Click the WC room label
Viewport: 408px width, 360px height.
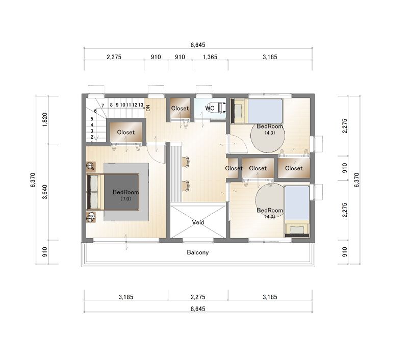pos(210,108)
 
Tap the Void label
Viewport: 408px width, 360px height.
pos(198,222)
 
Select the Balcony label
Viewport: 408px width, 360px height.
pos(198,252)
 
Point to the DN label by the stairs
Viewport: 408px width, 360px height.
pos(148,108)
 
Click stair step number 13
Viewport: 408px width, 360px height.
pos(141,105)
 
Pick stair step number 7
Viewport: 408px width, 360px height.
pos(103,106)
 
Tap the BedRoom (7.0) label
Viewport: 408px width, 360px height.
pos(125,195)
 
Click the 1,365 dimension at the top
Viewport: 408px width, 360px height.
pos(210,57)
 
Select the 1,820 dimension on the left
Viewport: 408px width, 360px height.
pos(45,120)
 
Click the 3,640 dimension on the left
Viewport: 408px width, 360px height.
pos(45,192)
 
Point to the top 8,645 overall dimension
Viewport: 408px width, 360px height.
pos(198,45)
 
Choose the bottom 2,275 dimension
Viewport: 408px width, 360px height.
pos(198,297)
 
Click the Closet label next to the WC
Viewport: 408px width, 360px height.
pos(180,108)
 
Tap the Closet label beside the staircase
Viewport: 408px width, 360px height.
pos(126,132)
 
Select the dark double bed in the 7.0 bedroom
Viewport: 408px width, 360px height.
pos(113,192)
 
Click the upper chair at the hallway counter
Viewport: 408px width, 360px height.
pos(186,162)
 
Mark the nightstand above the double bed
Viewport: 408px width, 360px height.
pos(91,166)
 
